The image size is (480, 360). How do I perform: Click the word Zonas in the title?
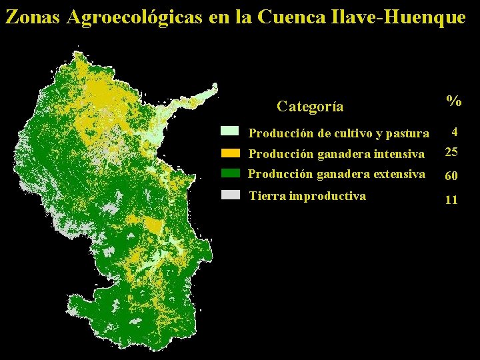pyautogui.click(x=33, y=17)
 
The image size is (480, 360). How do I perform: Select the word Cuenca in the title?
pyautogui.click(x=291, y=17)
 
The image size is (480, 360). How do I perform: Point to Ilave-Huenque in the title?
pyautogui.click(x=397, y=17)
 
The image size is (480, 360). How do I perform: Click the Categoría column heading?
pyautogui.click(x=310, y=107)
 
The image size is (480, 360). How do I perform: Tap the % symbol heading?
pyautogui.click(x=454, y=101)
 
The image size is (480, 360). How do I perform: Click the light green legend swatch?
pyautogui.click(x=230, y=131)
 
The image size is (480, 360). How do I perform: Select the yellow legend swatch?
pyautogui.click(x=230, y=153)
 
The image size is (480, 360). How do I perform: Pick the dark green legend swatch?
pyautogui.click(x=230, y=173)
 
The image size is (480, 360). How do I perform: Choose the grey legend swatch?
pyautogui.click(x=230, y=195)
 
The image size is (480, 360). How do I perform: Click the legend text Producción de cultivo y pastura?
pyautogui.click(x=339, y=133)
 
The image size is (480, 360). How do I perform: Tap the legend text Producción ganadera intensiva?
pyautogui.click(x=336, y=154)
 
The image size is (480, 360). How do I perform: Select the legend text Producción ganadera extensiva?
pyautogui.click(x=336, y=174)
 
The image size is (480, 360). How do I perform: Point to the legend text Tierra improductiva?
pyautogui.click(x=307, y=196)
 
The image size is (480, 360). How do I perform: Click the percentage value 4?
pyautogui.click(x=454, y=131)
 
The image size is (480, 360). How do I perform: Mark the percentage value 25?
pyautogui.click(x=451, y=152)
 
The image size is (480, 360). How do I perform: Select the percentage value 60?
pyautogui.click(x=451, y=176)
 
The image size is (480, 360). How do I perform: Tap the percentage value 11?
pyautogui.click(x=451, y=199)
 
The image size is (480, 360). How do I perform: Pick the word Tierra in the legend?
pyautogui.click(x=265, y=196)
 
